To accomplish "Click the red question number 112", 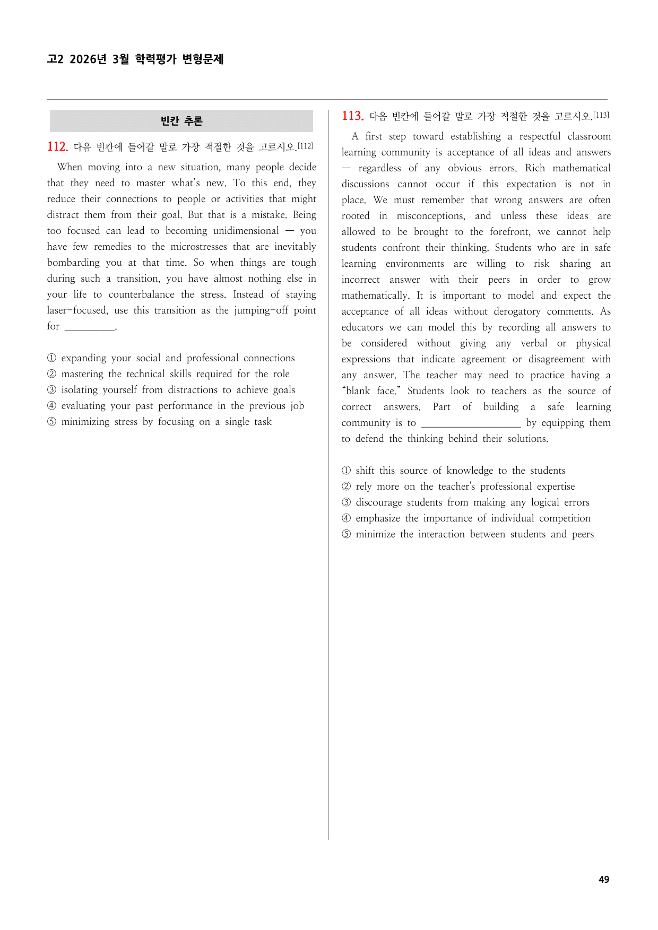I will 57,147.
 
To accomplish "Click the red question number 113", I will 352,116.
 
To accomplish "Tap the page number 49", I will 603,879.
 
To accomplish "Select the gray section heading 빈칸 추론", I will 181,121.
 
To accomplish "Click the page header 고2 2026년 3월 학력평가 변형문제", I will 135,59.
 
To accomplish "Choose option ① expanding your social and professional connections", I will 178,358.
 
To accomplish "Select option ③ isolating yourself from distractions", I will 178,390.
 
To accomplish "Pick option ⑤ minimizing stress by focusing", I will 166,422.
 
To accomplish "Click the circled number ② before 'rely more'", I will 346,486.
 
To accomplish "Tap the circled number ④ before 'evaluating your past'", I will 51,406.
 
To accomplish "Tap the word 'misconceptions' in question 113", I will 430,216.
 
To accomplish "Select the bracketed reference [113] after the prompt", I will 601,115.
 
